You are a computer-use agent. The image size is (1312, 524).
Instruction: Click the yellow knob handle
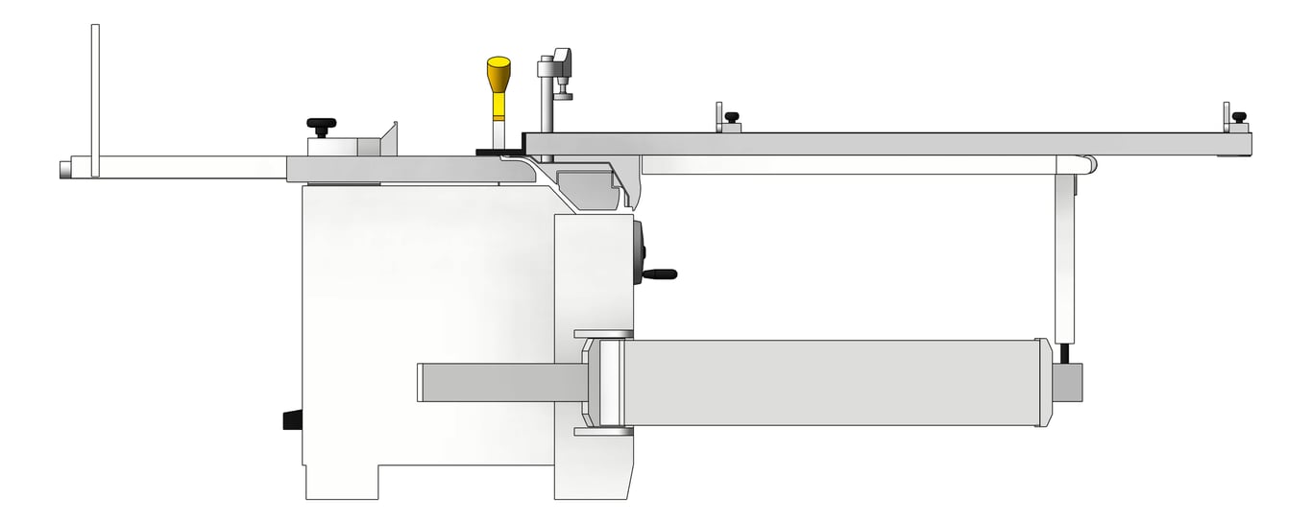498,75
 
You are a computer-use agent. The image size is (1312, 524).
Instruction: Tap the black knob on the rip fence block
322,124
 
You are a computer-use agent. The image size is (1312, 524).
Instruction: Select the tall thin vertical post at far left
95,101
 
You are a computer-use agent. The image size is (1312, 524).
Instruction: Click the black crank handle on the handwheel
661,274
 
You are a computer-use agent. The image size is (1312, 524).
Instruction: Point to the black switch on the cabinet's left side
293,420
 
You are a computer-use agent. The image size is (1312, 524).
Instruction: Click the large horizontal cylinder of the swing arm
831,383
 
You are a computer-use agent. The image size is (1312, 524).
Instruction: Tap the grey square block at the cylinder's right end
1068,382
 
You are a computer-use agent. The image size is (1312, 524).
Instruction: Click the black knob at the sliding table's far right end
1239,117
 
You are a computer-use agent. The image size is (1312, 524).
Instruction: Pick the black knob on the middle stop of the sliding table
732,117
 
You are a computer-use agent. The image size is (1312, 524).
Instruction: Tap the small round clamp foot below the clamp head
563,95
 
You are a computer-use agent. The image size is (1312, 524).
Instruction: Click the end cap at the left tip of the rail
64,169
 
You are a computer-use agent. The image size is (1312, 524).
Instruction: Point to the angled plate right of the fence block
389,139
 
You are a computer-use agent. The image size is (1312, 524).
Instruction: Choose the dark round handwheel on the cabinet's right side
638,251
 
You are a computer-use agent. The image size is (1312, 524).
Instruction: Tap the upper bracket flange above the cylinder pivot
603,335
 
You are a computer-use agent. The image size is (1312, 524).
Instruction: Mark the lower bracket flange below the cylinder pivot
603,432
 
